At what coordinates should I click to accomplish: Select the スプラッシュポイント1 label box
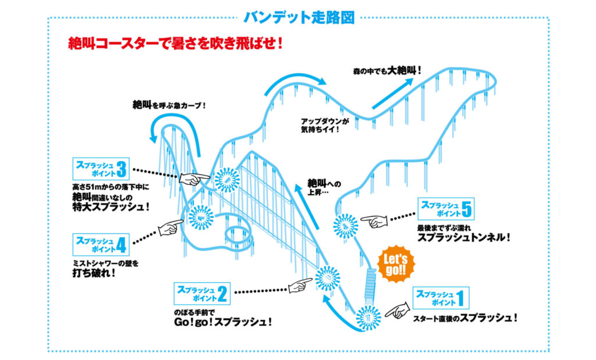(x=441, y=298)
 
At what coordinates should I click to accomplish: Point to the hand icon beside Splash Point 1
(x=398, y=311)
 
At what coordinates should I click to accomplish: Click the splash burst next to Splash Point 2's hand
(x=328, y=279)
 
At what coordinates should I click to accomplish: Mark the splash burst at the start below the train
(x=368, y=318)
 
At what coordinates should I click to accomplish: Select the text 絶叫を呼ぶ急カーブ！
(x=169, y=106)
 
